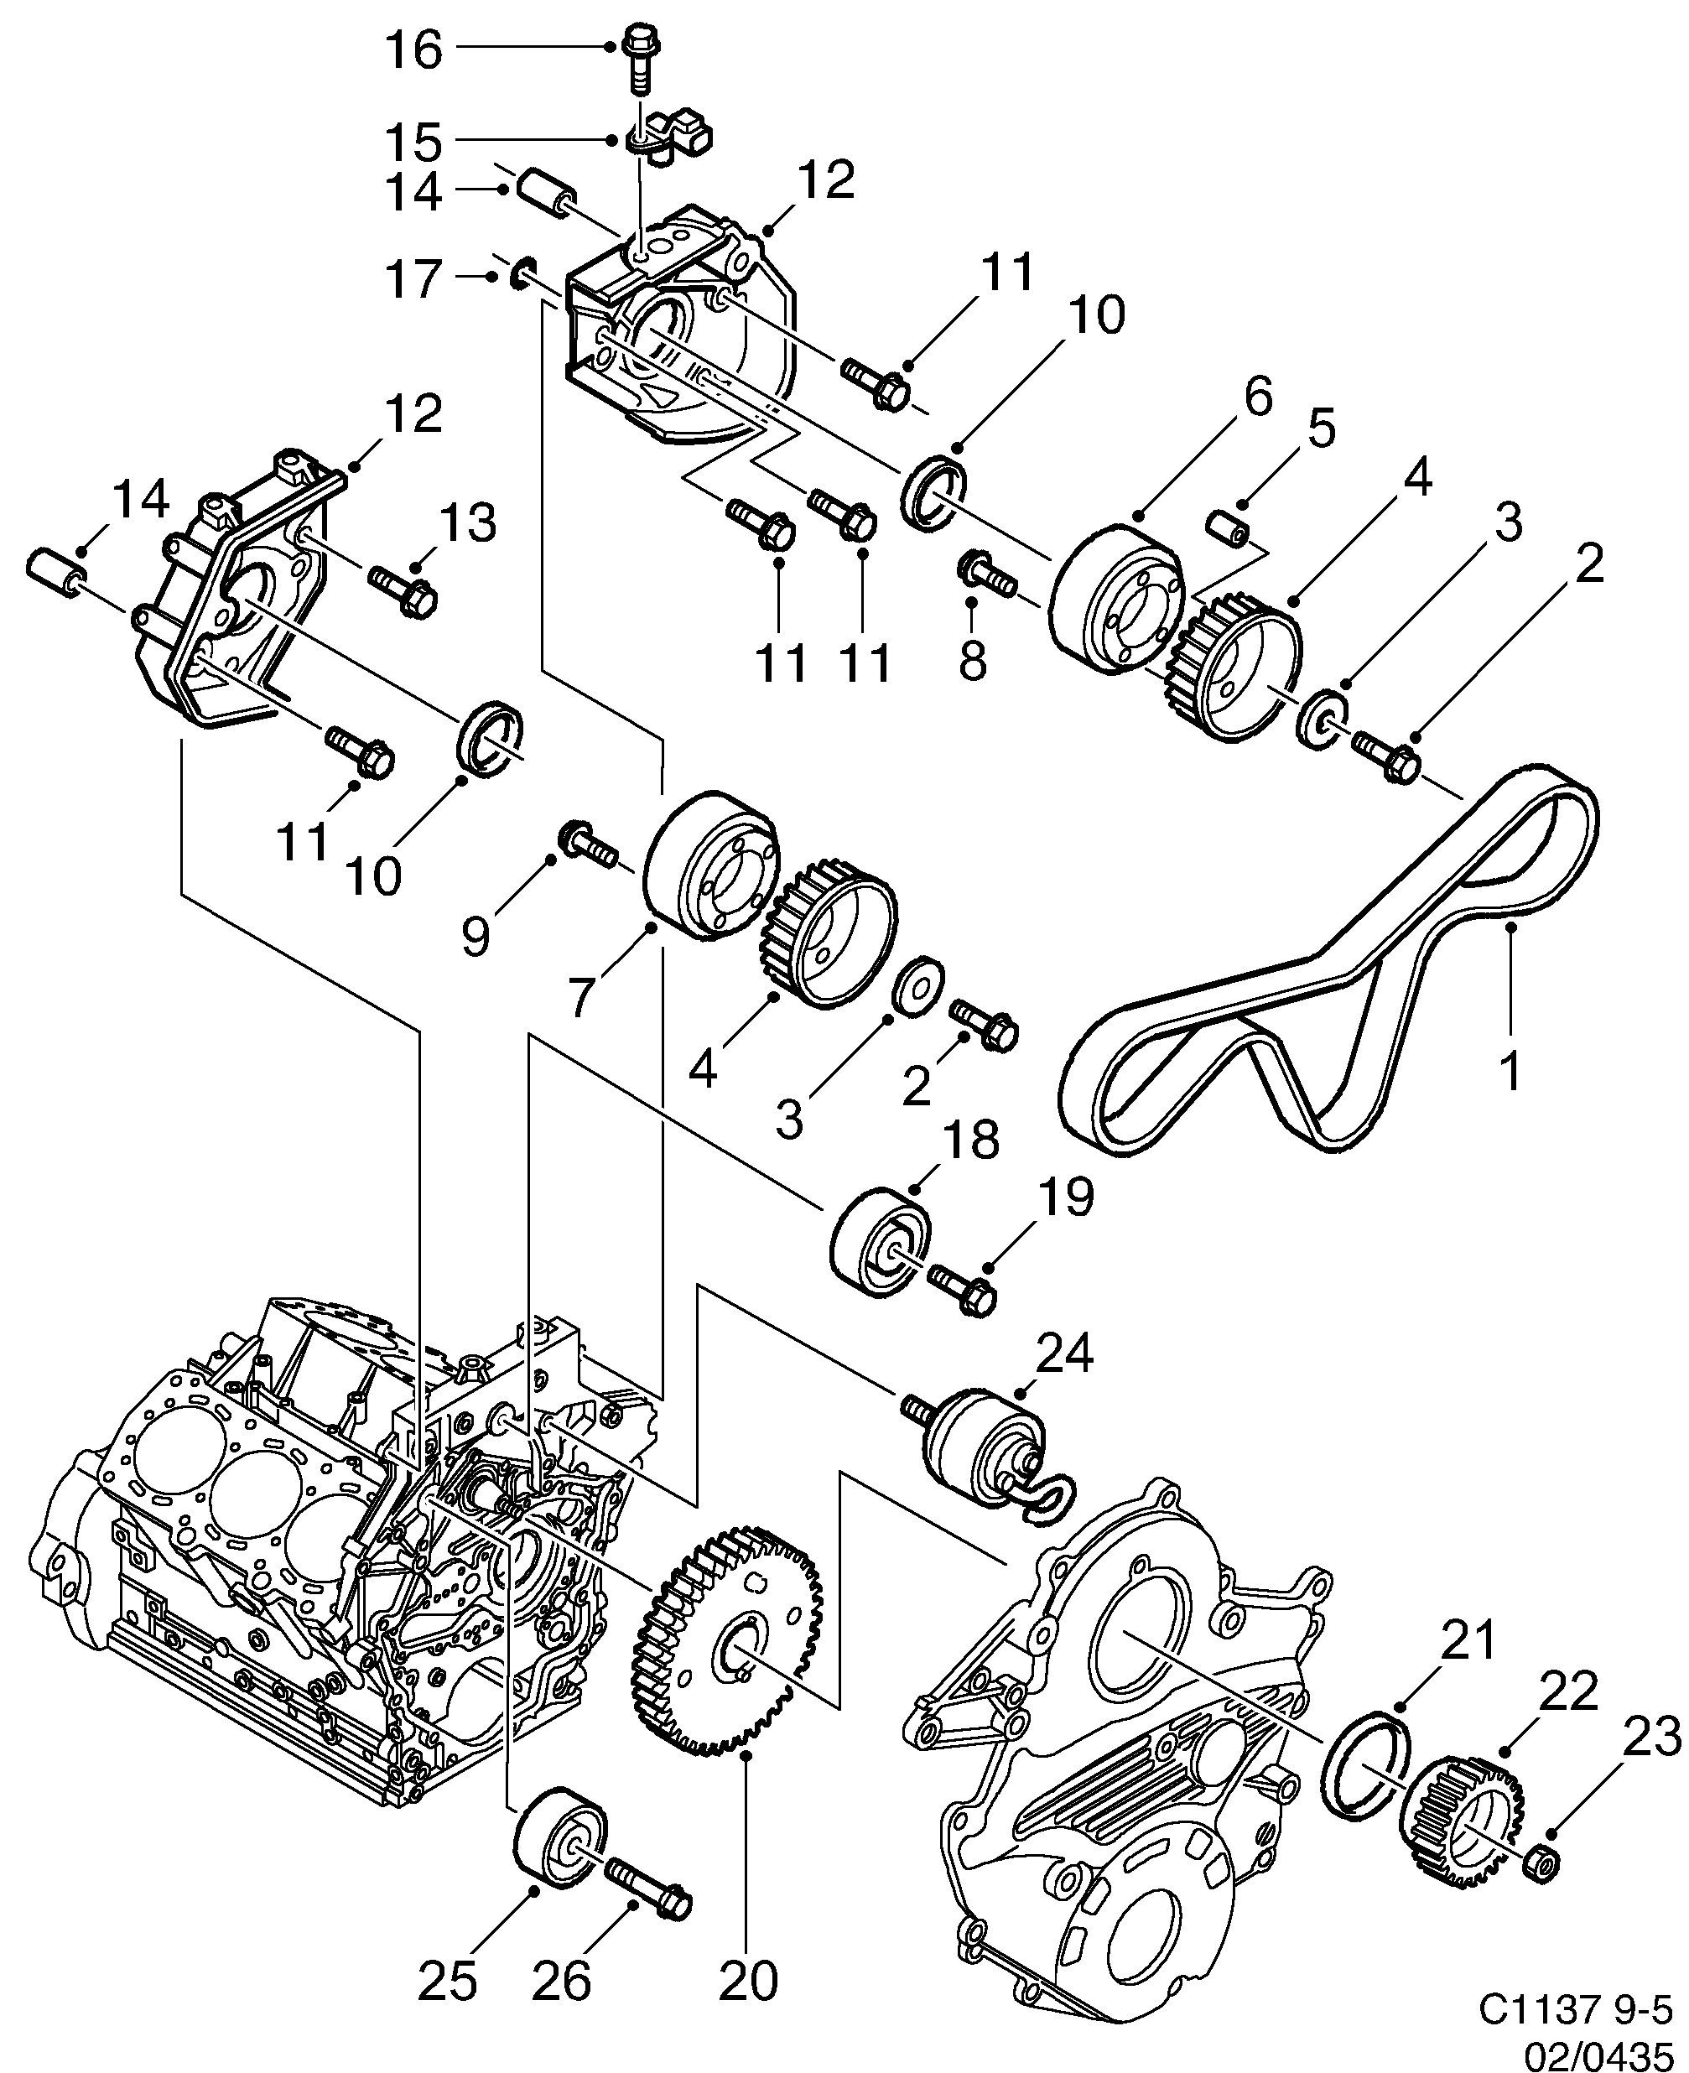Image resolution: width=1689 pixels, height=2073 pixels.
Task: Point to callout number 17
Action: point(413,279)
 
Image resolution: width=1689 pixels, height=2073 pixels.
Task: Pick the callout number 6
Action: point(1257,397)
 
